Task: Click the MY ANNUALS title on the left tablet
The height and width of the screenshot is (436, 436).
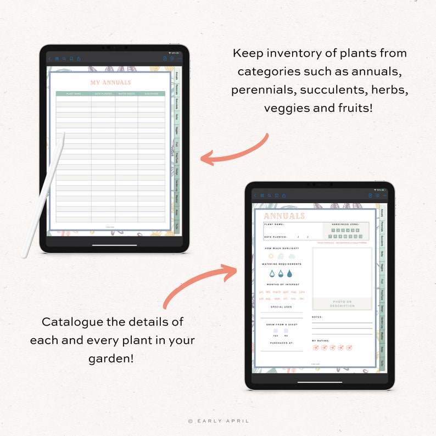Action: (x=110, y=83)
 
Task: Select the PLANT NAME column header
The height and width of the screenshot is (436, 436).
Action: (x=74, y=94)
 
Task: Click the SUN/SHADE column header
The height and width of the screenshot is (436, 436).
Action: (x=151, y=94)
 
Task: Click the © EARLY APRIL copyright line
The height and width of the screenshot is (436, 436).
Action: (x=218, y=421)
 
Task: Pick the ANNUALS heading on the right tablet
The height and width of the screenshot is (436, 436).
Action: (x=284, y=216)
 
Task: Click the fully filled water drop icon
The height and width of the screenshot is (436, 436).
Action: (x=289, y=273)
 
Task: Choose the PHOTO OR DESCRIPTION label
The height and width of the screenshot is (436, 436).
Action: (x=342, y=304)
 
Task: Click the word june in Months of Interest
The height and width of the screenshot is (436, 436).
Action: (x=301, y=292)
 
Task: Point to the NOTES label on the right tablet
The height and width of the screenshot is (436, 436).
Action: (x=317, y=317)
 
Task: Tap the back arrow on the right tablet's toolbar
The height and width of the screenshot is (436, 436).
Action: (x=255, y=195)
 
